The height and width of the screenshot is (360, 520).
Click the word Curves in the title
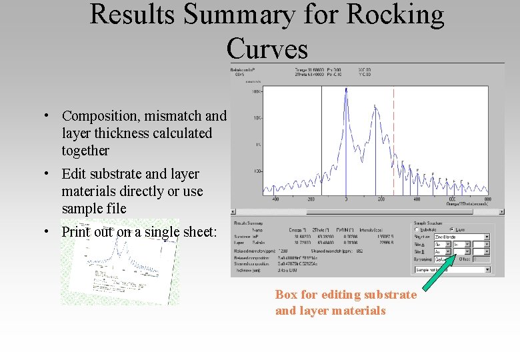[267, 48]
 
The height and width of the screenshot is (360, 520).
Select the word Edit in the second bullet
[73, 174]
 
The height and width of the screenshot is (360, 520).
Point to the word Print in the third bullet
[75, 232]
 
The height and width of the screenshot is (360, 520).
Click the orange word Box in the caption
[287, 295]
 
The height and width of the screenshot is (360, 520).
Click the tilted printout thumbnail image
[120, 261]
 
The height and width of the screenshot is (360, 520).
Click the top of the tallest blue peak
[346, 89]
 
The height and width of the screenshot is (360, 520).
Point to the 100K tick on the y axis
[257, 92]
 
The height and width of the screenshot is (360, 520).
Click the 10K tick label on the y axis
[257, 118]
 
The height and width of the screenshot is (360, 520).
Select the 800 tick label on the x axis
[488, 199]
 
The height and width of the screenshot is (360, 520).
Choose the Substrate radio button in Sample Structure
[417, 229]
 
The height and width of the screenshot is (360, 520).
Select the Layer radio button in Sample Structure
[453, 229]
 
